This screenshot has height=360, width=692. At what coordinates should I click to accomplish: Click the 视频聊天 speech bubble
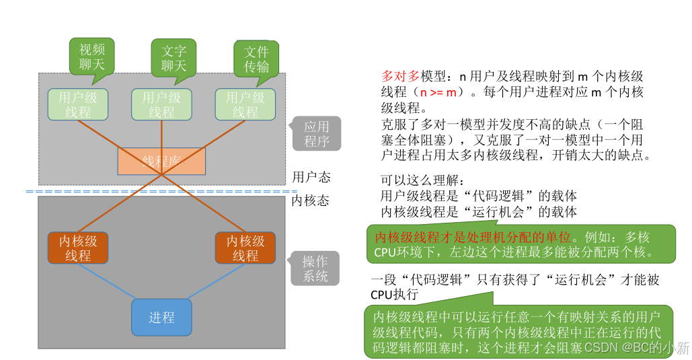(x=92, y=57)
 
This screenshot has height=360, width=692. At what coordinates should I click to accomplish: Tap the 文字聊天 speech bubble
(x=174, y=58)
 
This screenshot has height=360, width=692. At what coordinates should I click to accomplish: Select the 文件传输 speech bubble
(x=256, y=59)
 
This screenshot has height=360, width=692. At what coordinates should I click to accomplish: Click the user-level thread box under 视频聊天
(x=78, y=104)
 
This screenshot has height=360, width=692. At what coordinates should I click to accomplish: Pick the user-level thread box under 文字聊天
(x=161, y=104)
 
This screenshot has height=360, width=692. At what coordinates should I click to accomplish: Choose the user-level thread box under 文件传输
(x=245, y=104)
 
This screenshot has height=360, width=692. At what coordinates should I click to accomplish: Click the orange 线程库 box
(x=161, y=161)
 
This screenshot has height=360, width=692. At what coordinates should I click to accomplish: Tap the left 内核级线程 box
(x=78, y=248)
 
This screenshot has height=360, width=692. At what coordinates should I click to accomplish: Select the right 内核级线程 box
(x=245, y=248)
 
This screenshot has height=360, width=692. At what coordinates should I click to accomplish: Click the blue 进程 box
(x=161, y=317)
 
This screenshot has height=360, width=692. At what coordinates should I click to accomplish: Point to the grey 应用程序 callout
(x=316, y=133)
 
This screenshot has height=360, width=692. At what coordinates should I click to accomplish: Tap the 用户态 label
(x=311, y=177)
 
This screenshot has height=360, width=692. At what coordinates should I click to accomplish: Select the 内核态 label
(x=311, y=200)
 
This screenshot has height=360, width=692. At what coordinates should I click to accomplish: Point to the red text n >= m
(x=440, y=92)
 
